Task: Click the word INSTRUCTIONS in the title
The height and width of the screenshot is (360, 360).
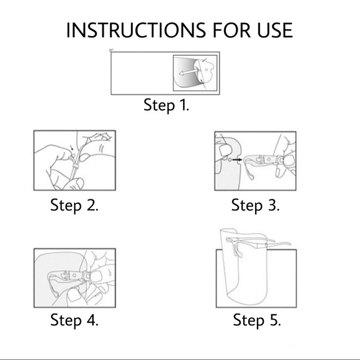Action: point(136,30)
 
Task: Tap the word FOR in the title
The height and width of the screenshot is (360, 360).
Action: point(232,30)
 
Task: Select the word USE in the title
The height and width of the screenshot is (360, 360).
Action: point(275,30)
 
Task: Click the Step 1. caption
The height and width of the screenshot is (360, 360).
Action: point(166,106)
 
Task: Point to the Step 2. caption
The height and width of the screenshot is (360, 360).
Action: point(74,205)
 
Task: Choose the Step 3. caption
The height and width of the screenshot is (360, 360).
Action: point(255,205)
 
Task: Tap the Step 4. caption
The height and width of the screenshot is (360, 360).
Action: point(74,320)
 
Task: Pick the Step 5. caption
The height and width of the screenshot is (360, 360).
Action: point(257,320)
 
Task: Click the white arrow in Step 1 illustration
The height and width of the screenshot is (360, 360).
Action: point(188,73)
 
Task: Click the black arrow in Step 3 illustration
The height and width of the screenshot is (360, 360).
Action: point(237,160)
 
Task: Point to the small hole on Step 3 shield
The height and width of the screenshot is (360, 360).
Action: point(230,160)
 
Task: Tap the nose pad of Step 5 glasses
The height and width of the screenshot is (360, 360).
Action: point(237,251)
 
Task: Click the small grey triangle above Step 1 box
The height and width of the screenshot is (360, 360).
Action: point(111,50)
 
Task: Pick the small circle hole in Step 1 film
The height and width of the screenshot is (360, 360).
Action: point(206,70)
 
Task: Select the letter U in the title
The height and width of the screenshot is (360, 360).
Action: point(263,30)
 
